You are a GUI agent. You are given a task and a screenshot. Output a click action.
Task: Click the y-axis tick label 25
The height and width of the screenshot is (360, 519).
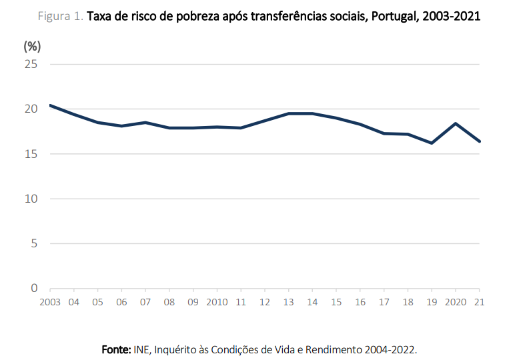pyautogui.click(x=31, y=64)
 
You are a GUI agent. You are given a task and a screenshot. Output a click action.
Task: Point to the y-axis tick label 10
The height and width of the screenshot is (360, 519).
pyautogui.click(x=31, y=199)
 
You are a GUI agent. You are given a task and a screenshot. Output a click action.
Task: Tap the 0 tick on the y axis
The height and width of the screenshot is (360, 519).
pyautogui.click(x=34, y=289)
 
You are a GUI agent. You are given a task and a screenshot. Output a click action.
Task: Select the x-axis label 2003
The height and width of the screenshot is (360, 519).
pyautogui.click(x=50, y=302)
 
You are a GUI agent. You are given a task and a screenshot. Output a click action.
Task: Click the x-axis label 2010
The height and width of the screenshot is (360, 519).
pyautogui.click(x=217, y=302)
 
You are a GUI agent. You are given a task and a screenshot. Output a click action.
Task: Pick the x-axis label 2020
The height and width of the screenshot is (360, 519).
pyautogui.click(x=455, y=302)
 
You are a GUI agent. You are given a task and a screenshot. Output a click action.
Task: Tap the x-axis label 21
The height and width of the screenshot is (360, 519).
pyautogui.click(x=479, y=302)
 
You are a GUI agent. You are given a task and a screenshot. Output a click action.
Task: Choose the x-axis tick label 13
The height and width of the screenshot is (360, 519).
pyautogui.click(x=288, y=302)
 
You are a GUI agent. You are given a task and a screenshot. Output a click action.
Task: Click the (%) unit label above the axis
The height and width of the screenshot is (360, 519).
pyautogui.click(x=32, y=46)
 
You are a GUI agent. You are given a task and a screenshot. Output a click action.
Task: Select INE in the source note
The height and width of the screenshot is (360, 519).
pyautogui.click(x=143, y=349)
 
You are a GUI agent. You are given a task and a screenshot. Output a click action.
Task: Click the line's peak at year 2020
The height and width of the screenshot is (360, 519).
pyautogui.click(x=455, y=123)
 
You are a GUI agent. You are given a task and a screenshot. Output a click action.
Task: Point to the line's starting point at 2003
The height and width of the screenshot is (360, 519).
pyautogui.click(x=50, y=105)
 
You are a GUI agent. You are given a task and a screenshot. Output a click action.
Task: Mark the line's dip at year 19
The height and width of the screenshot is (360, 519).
pyautogui.click(x=432, y=143)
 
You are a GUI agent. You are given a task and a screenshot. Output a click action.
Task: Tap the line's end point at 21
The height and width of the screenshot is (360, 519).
pyautogui.click(x=479, y=141)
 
